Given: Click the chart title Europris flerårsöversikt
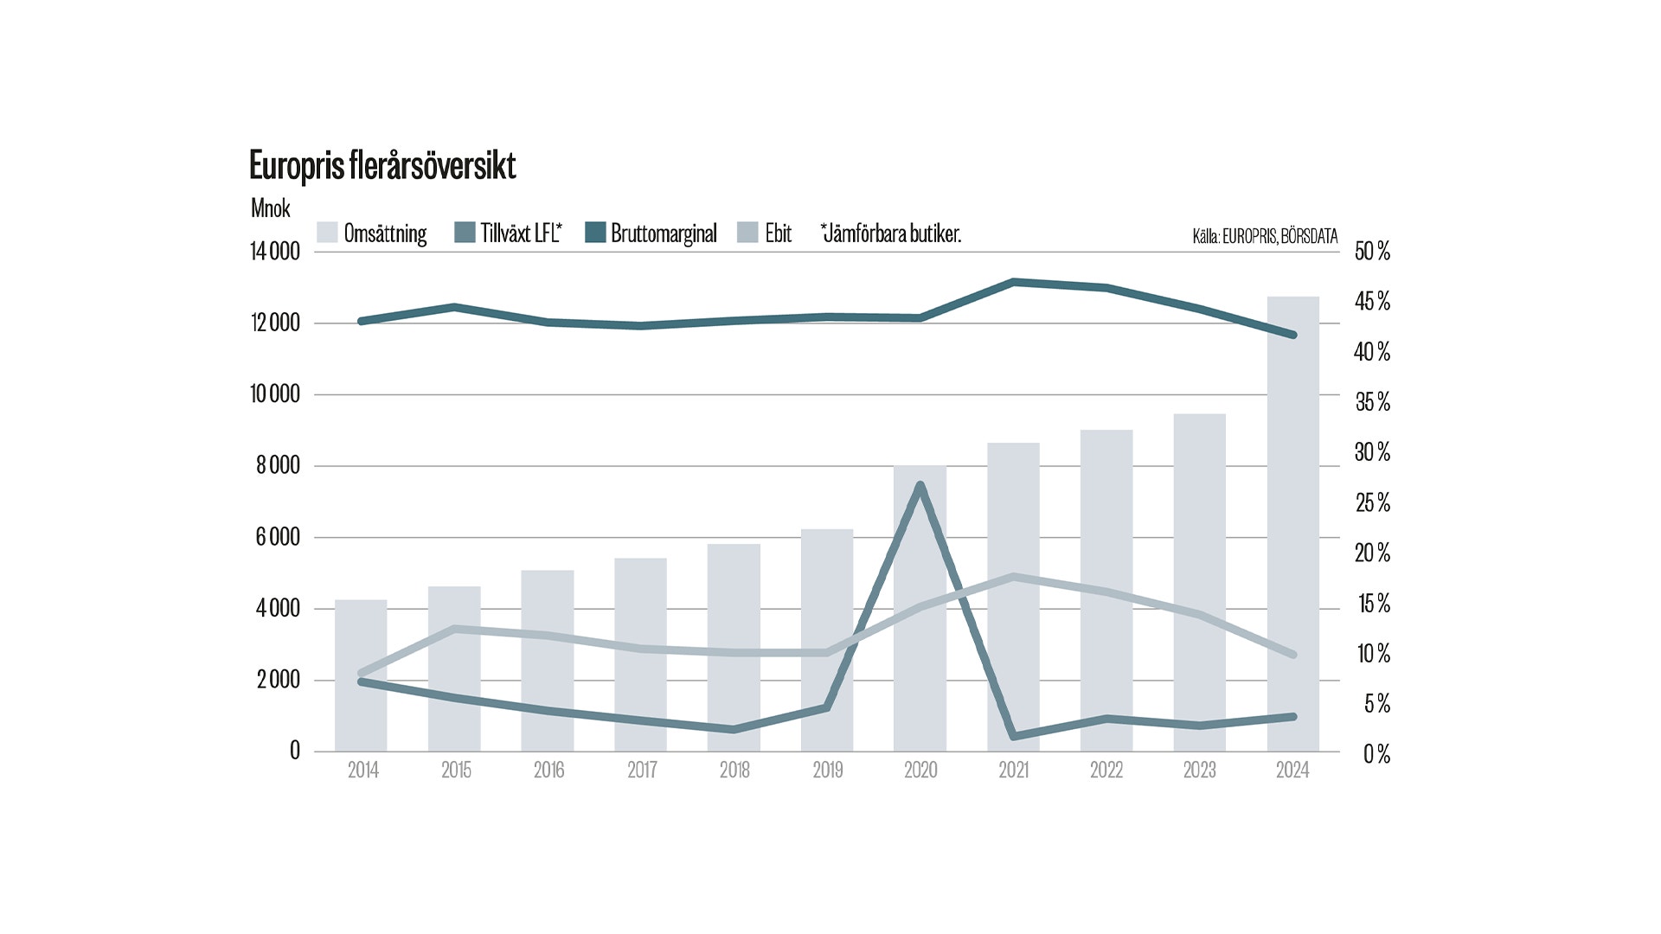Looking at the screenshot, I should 382,165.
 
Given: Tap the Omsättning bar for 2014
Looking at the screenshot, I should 361,675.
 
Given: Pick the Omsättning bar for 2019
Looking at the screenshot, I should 827,640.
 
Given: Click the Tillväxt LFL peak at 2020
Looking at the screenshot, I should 920,486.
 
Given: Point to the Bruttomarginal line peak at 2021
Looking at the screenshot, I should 1014,282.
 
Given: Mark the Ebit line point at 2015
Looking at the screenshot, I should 456,629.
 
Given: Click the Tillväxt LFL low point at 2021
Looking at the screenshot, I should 1014,736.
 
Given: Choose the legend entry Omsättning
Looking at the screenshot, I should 373,233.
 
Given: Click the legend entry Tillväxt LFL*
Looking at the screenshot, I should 509,233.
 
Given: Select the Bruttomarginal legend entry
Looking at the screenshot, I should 651,233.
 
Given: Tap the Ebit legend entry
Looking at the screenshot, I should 765,233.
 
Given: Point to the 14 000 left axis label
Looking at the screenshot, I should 275,252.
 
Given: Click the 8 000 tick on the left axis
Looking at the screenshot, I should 278,466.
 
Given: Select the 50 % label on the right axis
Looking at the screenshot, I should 1372,252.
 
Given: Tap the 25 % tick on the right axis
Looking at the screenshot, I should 1372,502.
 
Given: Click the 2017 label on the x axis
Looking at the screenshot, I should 642,771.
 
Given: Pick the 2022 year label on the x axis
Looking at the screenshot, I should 1106,771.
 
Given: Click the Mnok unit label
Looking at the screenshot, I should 270,208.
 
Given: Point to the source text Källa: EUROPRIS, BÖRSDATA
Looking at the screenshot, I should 1265,236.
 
